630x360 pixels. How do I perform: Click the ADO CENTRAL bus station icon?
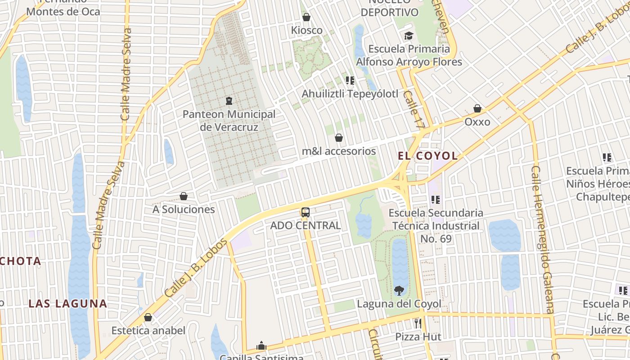click(x=306, y=212)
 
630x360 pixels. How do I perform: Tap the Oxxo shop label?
click(x=477, y=122)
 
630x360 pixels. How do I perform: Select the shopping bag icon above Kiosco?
click(x=306, y=18)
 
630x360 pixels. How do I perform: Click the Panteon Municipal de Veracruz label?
click(x=229, y=121)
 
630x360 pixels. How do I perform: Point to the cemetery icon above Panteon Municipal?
click(x=229, y=100)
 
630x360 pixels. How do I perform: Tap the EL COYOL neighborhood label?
click(x=428, y=156)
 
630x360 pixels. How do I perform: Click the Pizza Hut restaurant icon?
click(x=418, y=323)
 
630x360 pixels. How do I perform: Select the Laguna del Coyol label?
click(x=399, y=304)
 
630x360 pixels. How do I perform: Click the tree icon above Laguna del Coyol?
click(x=399, y=290)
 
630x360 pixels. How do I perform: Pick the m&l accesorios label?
click(x=339, y=151)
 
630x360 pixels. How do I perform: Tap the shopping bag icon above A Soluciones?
click(x=184, y=196)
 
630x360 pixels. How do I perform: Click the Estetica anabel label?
click(x=148, y=331)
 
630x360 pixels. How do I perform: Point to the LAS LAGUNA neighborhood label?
click(x=68, y=304)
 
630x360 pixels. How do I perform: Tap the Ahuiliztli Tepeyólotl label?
click(x=350, y=94)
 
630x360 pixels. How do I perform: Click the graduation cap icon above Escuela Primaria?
click(x=409, y=36)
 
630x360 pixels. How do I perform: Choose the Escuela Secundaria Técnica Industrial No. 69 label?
click(x=436, y=226)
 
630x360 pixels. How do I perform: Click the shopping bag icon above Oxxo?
click(x=477, y=108)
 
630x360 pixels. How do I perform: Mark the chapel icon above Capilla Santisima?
click(x=261, y=346)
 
